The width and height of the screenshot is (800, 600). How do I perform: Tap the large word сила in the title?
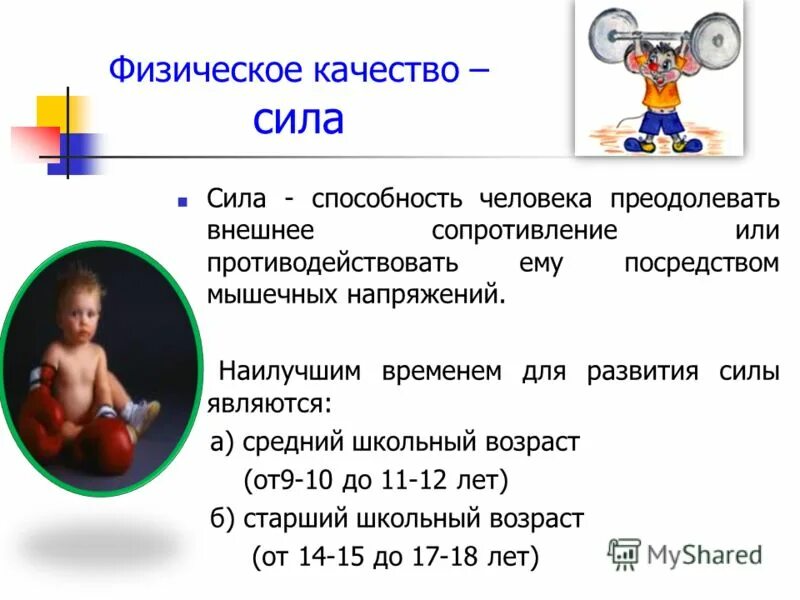click(x=297, y=120)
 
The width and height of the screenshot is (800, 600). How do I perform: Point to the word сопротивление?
click(x=524, y=231)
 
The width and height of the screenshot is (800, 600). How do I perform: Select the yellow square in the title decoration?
click(x=50, y=111)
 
